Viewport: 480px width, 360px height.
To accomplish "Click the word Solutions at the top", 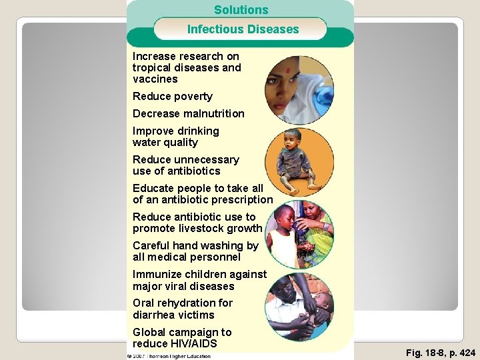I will (241, 10).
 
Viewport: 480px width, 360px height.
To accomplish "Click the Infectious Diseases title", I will (243, 29).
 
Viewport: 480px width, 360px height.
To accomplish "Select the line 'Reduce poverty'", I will (173, 96).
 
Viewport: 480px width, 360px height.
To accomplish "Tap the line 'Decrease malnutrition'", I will (189, 113).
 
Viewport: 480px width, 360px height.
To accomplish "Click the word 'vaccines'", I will (155, 79).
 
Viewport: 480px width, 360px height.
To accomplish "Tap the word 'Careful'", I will (151, 245).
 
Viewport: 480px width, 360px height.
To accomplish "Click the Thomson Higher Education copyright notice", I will (169, 356).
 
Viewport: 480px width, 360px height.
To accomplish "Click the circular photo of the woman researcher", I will (299, 90).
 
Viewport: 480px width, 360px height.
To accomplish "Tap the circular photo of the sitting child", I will (299, 163).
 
